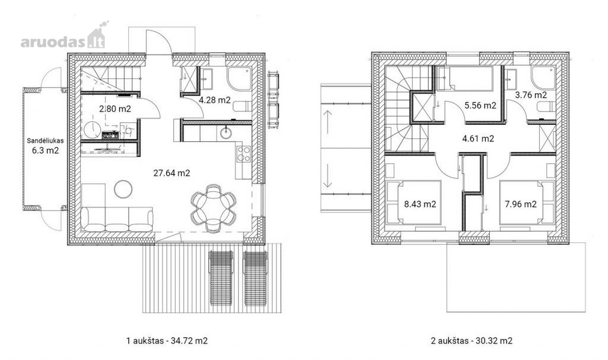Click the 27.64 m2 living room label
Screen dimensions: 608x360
(172, 173)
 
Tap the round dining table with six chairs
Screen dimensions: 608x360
(213, 208)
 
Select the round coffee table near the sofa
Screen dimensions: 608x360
(123, 189)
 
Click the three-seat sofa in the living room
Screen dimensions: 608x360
(117, 220)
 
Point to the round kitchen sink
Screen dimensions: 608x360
(226, 133)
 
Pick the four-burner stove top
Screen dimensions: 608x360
(243, 154)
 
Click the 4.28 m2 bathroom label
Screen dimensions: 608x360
(215, 100)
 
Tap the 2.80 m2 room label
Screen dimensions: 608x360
(115, 109)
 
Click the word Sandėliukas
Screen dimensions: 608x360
(45, 141)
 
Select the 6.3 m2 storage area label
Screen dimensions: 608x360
(45, 151)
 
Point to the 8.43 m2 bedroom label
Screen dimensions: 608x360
(420, 204)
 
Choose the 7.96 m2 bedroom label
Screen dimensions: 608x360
(521, 204)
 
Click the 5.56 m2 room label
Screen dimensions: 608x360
(480, 105)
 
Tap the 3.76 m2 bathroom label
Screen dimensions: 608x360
(531, 95)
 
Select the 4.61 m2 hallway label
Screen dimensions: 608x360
(478, 139)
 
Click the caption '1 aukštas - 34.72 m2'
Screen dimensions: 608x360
(167, 341)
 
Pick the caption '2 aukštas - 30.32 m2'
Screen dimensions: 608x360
(472, 341)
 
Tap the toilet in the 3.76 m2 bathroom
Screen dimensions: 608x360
(546, 106)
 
